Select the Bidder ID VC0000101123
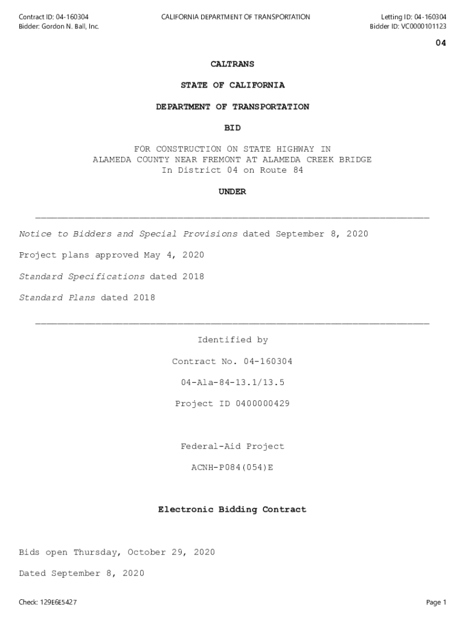pos(423,27)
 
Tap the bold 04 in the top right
pos(441,43)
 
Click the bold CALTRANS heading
pos(232,64)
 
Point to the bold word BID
pos(232,128)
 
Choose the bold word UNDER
pos(232,192)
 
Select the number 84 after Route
pos(298,170)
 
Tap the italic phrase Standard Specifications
pos(82,276)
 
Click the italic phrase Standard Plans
pos(57,298)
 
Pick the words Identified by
pos(232,340)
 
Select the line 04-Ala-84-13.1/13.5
pos(232,383)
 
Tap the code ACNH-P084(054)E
pos(232,468)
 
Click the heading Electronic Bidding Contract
pos(232,510)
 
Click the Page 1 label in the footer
pos(435,602)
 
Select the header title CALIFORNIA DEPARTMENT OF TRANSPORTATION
pos(236,17)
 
